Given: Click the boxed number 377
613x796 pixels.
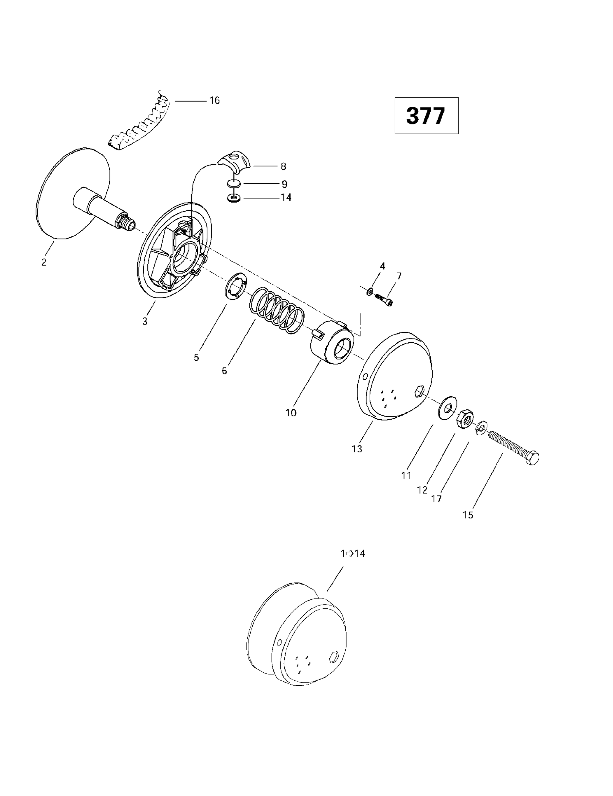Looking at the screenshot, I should click(x=426, y=116).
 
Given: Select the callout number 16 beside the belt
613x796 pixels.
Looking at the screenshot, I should click(x=214, y=101).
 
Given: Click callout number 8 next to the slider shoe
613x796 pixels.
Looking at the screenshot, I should click(x=283, y=167).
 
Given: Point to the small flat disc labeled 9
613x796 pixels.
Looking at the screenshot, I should click(x=234, y=184).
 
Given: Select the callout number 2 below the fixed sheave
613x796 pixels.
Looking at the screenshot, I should click(x=44, y=262).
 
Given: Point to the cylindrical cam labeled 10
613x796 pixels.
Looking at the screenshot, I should click(x=331, y=343).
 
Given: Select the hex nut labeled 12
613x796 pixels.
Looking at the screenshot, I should click(x=464, y=418).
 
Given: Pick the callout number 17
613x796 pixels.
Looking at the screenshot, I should click(x=436, y=499).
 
